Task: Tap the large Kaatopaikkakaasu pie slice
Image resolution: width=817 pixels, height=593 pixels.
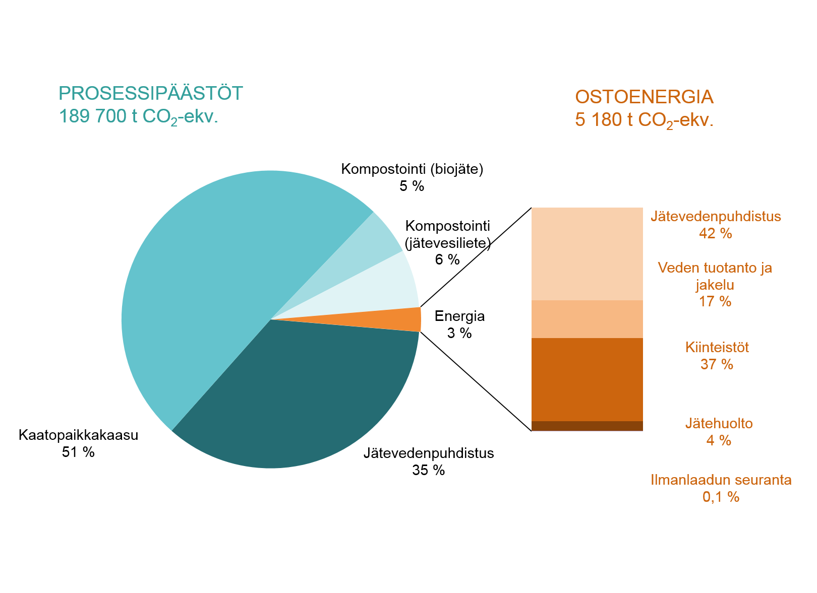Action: (212, 282)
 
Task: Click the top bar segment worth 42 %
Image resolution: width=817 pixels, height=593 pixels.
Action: (587, 253)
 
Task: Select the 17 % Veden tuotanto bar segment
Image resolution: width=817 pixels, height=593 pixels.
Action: (587, 319)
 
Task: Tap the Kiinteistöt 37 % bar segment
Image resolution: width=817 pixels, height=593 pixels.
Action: (587, 379)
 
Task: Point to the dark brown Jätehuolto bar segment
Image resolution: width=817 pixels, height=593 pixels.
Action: (587, 426)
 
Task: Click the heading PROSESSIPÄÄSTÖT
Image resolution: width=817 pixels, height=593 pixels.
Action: (151, 93)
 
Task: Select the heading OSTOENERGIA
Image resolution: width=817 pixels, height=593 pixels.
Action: (644, 97)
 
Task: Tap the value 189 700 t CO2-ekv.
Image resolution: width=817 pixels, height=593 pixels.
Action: (139, 117)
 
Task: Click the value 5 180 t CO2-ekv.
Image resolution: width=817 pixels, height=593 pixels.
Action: (644, 120)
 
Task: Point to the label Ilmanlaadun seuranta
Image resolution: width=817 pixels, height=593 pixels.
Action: (721, 480)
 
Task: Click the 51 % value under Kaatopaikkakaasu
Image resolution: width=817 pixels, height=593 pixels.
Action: (78, 452)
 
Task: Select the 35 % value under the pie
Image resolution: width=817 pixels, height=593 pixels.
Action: (428, 470)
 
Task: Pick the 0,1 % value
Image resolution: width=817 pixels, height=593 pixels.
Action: (721, 497)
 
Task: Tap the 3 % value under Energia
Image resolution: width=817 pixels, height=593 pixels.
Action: (459, 333)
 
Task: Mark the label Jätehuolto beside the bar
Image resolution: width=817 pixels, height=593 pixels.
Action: (719, 423)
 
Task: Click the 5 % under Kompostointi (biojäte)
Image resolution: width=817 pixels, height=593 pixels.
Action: (412, 186)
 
